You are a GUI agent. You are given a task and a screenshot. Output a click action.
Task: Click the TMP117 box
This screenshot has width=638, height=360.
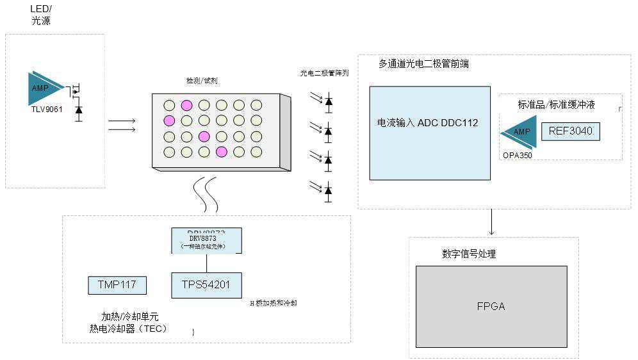117,285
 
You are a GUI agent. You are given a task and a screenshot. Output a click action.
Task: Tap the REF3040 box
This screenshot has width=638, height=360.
571,132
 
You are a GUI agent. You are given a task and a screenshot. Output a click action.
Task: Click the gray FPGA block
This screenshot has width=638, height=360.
491,306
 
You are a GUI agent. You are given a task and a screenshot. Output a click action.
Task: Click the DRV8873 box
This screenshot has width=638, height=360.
206,241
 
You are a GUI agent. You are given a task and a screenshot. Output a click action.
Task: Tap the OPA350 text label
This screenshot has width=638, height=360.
518,155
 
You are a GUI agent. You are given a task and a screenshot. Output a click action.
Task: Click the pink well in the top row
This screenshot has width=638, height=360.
186,105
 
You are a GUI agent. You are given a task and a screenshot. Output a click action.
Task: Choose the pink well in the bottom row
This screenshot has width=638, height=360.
221,151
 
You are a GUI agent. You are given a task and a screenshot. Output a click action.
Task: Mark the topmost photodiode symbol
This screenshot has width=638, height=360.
329,101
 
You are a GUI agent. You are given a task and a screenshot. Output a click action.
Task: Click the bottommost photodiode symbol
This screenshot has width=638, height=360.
329,190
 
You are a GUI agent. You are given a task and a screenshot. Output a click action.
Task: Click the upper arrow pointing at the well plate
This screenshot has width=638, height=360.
122,120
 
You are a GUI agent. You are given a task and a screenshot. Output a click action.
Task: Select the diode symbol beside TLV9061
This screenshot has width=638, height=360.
79,110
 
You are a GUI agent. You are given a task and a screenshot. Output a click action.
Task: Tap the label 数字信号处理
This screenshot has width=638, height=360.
469,254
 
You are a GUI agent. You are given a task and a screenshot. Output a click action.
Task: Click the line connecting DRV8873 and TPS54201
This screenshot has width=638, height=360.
206,263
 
